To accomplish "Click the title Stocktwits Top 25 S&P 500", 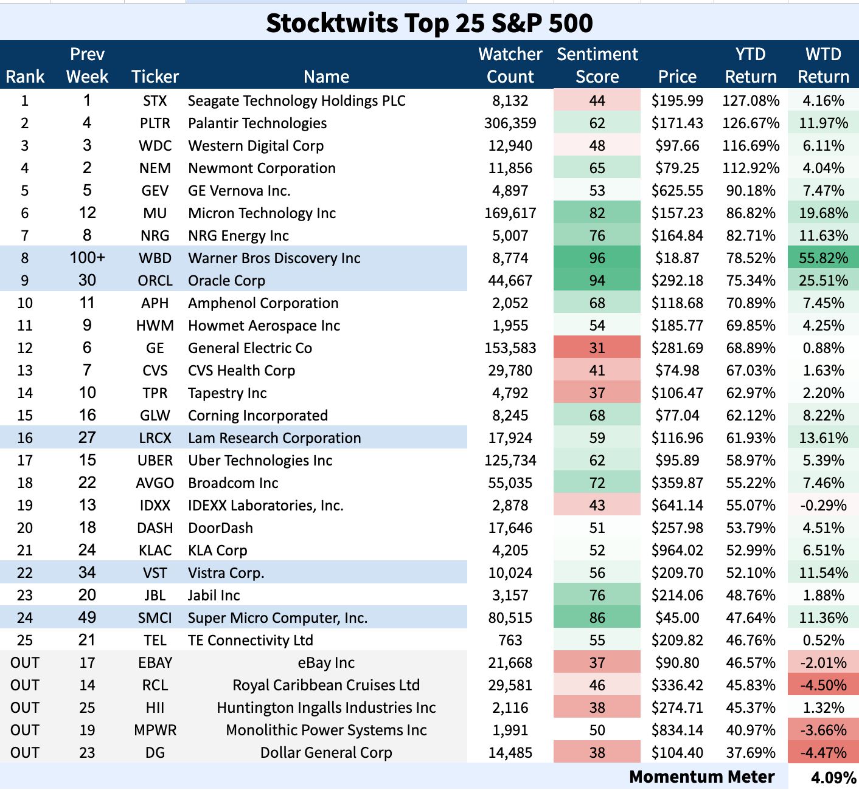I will (429, 23).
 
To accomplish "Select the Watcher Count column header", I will (510, 66).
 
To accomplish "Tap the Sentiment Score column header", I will (597, 66).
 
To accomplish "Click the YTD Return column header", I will (751, 66).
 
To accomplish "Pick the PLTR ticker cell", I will (155, 123).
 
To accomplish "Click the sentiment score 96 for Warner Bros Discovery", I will (597, 258).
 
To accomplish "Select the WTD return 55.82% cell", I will (823, 258).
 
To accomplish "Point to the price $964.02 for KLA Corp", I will (677, 551).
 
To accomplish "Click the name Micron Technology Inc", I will (262, 213).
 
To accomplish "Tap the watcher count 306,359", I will (510, 123).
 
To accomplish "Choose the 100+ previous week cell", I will (87, 258).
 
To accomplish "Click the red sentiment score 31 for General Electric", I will (597, 348).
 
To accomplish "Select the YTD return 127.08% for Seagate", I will (751, 101).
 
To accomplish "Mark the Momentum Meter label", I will (701, 777).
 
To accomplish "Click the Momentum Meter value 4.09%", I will (833, 777).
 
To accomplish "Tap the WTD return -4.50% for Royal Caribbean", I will (823, 685).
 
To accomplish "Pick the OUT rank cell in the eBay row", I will (25, 663).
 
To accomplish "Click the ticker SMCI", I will (155, 618).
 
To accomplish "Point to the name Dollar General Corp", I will (326, 753).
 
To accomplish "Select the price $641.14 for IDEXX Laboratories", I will (677, 506).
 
